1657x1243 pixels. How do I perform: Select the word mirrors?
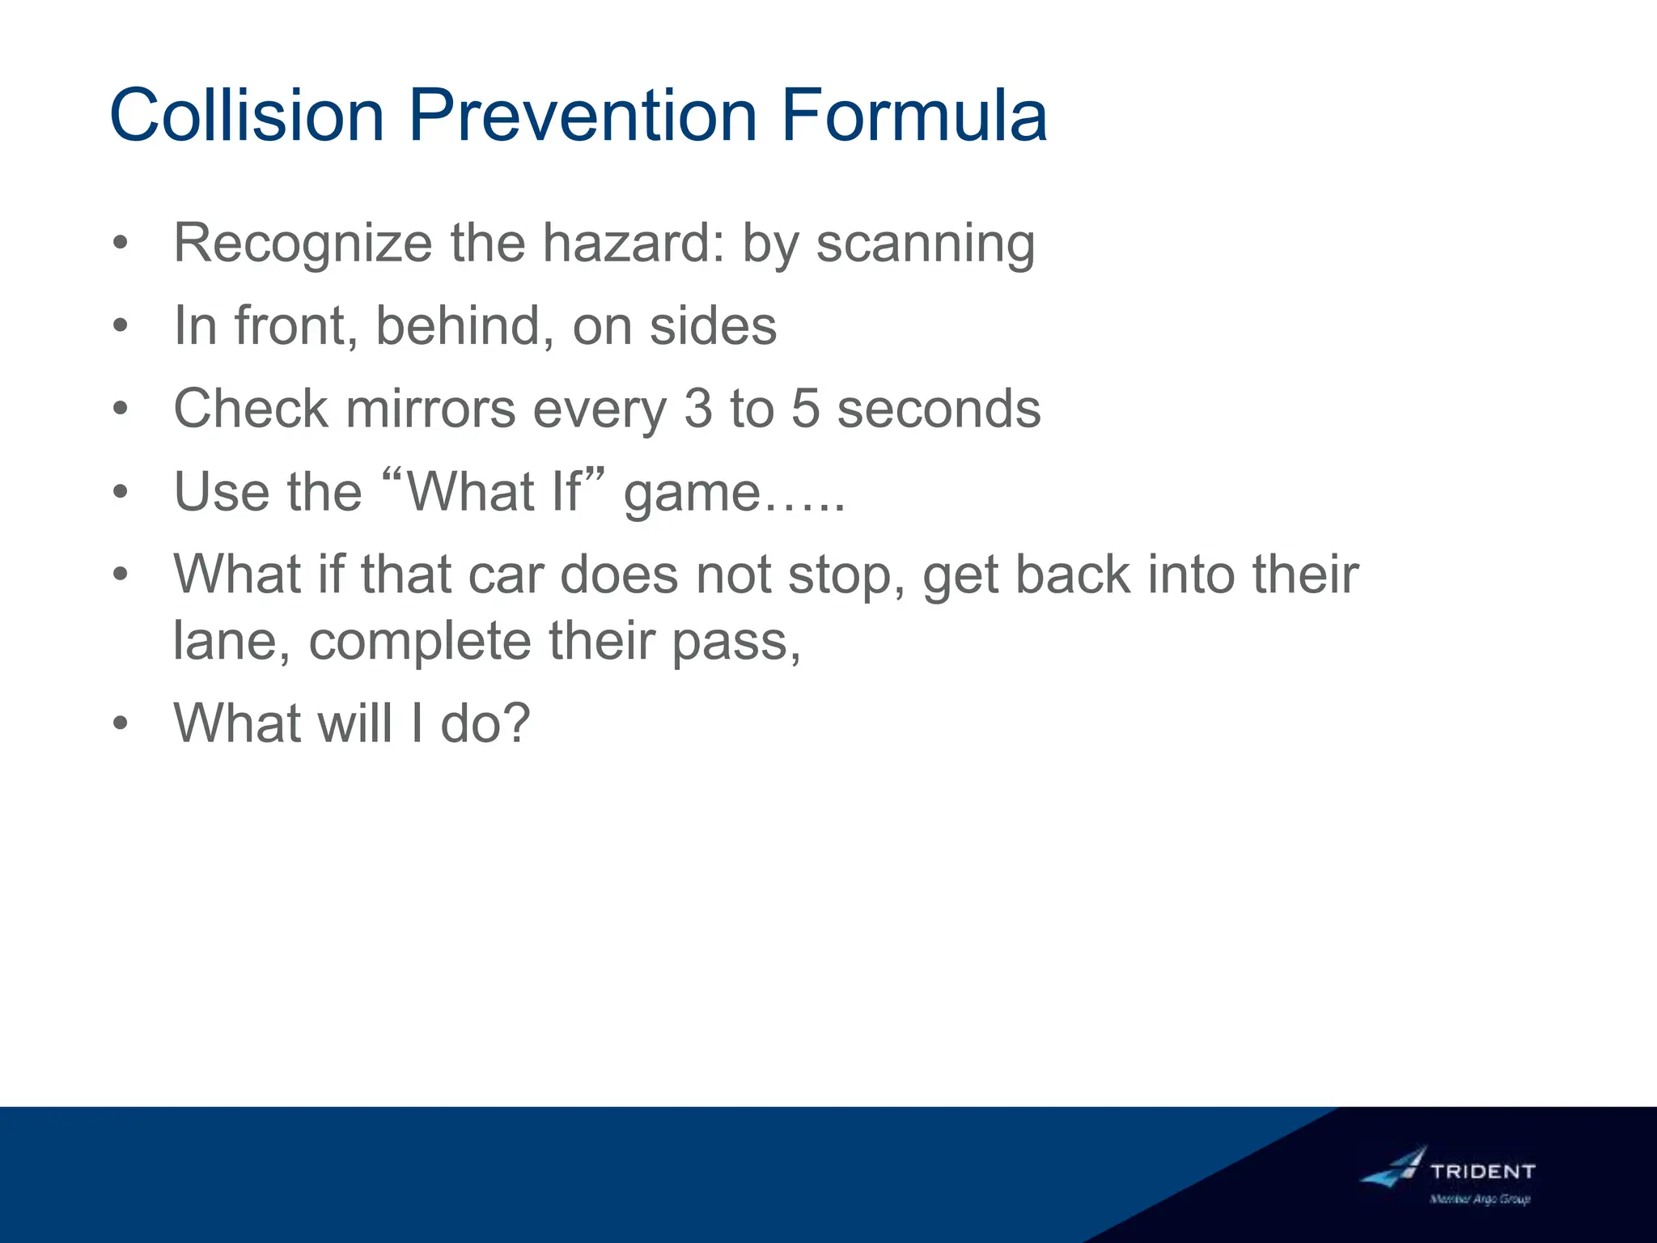[430, 408]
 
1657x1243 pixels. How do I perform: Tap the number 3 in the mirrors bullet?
[697, 408]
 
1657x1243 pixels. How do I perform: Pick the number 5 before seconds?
[804, 408]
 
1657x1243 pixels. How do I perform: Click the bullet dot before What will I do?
[121, 723]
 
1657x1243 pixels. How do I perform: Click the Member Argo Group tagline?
[1480, 1199]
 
